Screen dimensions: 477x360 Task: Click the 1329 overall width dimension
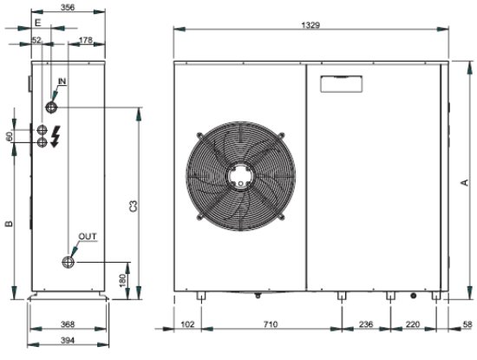coord(310,25)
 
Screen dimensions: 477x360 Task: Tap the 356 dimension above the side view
coord(68,7)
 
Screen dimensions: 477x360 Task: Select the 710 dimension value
coord(271,324)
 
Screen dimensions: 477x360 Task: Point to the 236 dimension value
coord(366,324)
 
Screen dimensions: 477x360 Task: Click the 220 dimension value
coord(413,324)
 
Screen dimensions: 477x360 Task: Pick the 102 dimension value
coord(187,324)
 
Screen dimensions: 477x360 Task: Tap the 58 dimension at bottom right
coord(467,324)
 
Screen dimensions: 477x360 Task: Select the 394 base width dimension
coord(68,340)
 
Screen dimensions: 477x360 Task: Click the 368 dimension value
coord(68,324)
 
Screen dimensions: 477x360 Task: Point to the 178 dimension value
coord(86,40)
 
